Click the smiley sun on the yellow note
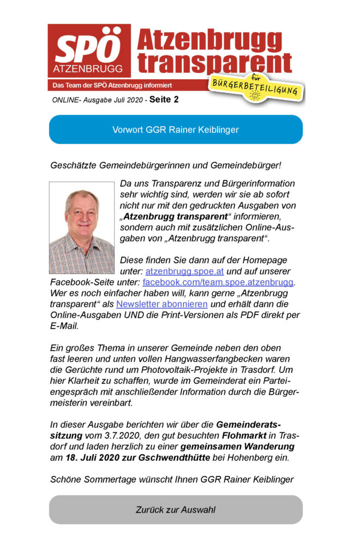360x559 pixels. [x=254, y=96]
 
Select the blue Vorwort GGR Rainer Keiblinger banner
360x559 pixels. [x=176, y=129]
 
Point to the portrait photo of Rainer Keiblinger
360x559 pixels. [x=82, y=228]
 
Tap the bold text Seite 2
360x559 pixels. [x=164, y=100]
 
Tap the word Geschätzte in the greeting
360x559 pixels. [x=74, y=165]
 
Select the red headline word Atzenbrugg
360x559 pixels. [x=209, y=40]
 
